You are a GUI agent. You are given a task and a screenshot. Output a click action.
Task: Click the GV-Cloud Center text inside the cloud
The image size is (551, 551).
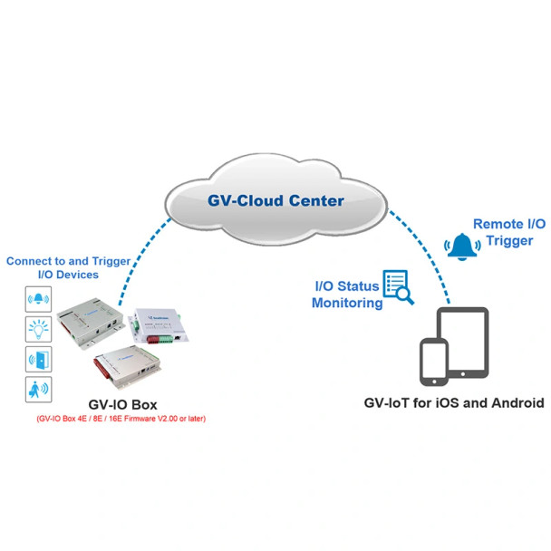pos(275,200)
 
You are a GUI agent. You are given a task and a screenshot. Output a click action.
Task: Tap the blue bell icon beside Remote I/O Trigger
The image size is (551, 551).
pos(462,246)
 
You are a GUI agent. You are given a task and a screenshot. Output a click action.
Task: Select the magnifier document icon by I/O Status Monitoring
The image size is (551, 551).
pos(398,286)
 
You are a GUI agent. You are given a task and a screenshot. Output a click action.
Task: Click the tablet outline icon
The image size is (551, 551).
pos(463,342)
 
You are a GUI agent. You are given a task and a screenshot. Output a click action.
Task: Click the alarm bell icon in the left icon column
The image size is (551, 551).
pos(39,299)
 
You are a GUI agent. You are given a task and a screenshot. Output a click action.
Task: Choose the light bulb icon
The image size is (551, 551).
pos(39,328)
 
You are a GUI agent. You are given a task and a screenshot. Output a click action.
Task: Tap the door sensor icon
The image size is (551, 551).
pos(39,359)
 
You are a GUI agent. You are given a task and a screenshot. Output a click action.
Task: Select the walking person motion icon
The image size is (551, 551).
pos(39,390)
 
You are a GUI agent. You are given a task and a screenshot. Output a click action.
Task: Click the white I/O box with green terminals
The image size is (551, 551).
pos(159,328)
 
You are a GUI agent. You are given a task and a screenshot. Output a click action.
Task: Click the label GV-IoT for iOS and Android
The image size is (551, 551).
pos(453,403)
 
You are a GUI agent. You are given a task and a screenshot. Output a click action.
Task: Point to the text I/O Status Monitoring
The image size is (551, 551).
pos(346,295)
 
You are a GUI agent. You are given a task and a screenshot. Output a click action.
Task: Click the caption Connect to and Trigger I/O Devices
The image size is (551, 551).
pos(68,266)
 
